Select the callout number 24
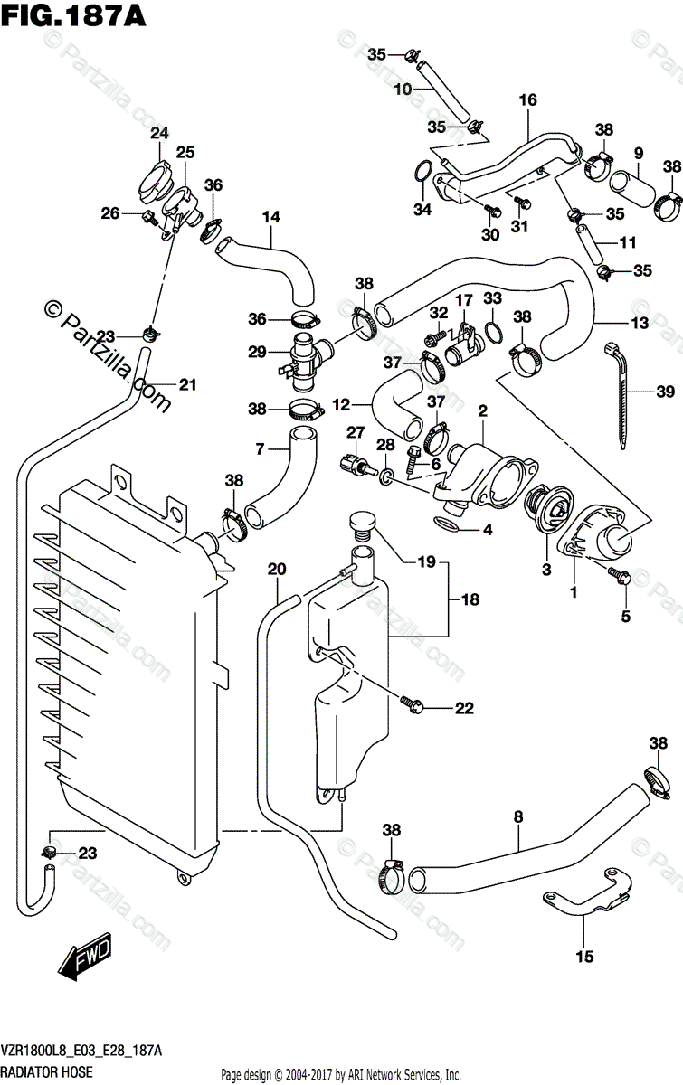159,133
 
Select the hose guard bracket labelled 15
587,891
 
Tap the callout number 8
518,817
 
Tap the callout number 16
528,99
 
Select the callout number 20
277,569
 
